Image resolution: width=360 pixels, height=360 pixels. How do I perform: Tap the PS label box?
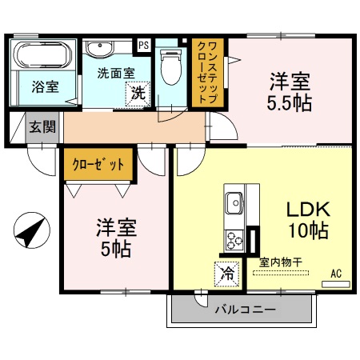click(x=144, y=46)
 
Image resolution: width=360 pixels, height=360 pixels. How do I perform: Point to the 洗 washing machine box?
click(x=138, y=94)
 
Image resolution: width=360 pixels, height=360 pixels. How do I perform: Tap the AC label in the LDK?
click(x=336, y=274)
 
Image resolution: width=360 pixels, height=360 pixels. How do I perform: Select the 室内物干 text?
click(x=280, y=261)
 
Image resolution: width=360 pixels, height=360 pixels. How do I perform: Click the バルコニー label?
click(x=244, y=309)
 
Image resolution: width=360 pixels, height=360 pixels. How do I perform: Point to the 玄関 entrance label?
click(x=42, y=126)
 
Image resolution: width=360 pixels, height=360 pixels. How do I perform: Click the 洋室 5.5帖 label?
click(x=290, y=92)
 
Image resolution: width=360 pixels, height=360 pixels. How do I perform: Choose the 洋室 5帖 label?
click(x=117, y=238)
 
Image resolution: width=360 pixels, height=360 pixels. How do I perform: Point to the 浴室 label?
click(x=45, y=86)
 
